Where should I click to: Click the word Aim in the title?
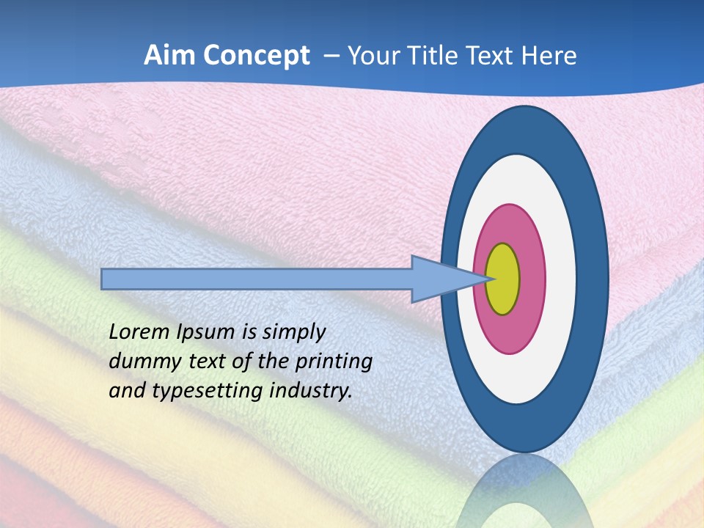(168, 56)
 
